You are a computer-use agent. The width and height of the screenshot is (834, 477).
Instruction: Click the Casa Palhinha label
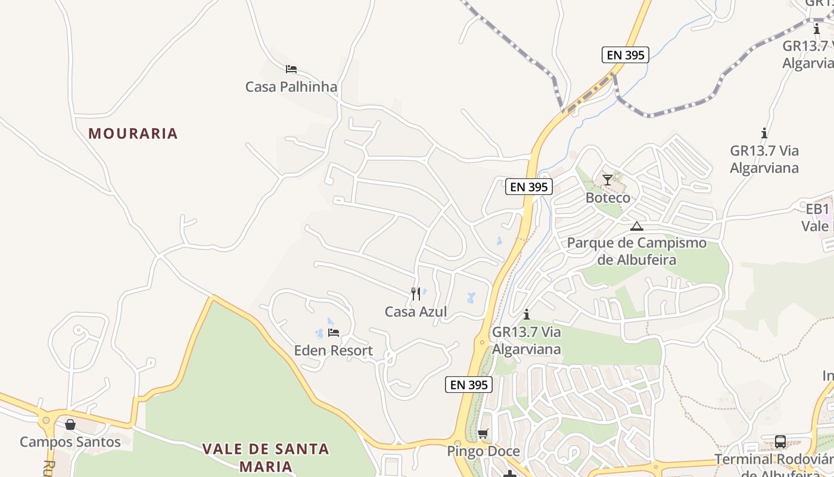tap(291, 87)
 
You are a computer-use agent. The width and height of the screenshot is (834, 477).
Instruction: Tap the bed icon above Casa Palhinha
tap(291, 69)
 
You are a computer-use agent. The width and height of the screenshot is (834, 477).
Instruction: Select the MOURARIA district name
tap(133, 134)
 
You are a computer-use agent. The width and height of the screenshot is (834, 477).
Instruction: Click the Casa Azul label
tap(416, 312)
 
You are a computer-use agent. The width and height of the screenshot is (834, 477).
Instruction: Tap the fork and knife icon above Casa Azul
tap(416, 293)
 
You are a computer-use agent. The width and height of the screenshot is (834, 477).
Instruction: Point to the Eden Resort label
tap(334, 351)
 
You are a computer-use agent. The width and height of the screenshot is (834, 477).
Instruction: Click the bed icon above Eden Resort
tap(334, 333)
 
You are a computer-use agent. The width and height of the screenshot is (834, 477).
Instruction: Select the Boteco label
tap(608, 197)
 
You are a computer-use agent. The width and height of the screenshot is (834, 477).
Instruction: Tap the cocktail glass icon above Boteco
tap(607, 179)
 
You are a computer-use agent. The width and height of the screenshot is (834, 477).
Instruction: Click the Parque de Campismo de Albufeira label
tap(637, 251)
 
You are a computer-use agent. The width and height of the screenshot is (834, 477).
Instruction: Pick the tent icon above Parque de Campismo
tap(637, 226)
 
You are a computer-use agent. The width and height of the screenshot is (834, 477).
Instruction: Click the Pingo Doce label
tap(483, 451)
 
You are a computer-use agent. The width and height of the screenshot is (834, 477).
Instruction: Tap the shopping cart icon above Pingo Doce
tap(483, 433)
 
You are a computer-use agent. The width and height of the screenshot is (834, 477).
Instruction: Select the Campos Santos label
tap(70, 442)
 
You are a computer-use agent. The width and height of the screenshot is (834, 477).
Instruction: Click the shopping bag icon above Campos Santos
tap(70, 425)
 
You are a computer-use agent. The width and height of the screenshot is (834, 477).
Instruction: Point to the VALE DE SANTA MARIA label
tap(266, 457)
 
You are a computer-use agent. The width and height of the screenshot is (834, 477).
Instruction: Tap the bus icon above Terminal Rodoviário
tap(780, 442)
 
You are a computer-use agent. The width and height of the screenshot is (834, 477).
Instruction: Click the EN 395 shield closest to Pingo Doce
tap(469, 385)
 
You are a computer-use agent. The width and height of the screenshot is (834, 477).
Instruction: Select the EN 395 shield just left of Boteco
tap(529, 187)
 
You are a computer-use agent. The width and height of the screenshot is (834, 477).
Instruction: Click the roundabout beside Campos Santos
tap(46, 420)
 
